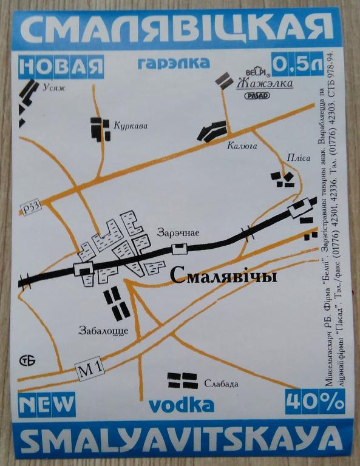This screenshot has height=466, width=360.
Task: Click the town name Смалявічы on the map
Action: tap(223, 277)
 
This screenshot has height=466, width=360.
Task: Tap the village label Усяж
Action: tap(53, 87)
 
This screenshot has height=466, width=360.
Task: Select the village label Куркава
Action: tap(131, 126)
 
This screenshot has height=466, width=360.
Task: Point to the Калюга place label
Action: tap(243, 146)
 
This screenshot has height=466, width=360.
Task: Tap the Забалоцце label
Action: tap(103, 331)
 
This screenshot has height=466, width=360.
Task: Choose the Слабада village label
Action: tap(221, 383)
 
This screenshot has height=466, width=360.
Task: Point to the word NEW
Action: tap(46, 402)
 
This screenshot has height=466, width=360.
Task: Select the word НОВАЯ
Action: tap(61, 66)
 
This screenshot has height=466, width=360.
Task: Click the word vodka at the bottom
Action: tap(181, 405)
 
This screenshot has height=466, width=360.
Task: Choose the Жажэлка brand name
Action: tap(265, 83)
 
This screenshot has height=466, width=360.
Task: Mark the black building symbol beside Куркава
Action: tap(100, 128)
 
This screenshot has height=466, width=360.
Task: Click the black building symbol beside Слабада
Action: tap(182, 380)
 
